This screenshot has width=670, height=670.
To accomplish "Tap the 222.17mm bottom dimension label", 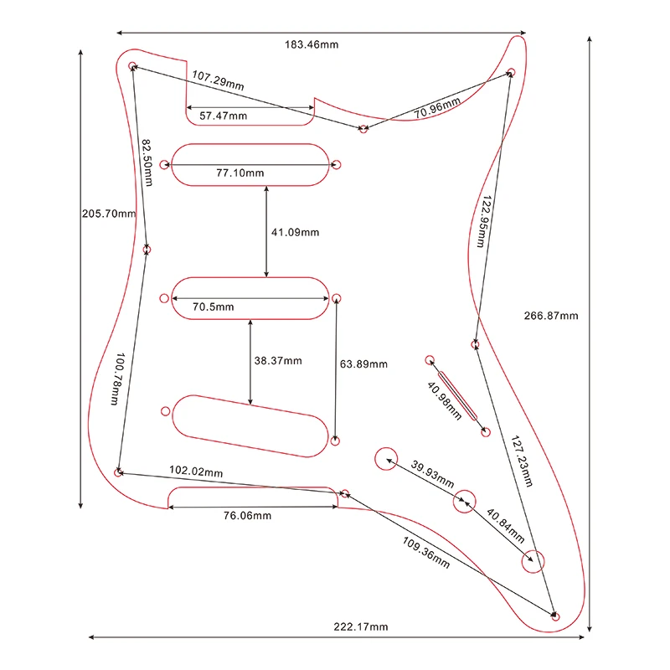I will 362,627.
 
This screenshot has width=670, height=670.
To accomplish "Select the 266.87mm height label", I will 551,316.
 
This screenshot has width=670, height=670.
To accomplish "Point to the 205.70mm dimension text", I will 109,213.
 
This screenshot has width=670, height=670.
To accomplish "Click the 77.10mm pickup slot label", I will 240,173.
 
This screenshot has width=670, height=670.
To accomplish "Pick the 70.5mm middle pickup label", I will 213,307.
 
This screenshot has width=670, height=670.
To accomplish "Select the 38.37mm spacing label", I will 278,361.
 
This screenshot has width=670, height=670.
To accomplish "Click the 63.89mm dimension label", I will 363,364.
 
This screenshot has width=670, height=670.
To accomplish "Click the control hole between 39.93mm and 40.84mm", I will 464,502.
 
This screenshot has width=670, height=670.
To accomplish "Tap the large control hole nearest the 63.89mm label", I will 386,458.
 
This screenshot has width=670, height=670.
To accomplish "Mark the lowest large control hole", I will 533,561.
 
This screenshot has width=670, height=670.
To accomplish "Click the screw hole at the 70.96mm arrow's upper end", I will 509,75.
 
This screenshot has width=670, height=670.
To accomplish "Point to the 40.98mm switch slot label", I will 444,402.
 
